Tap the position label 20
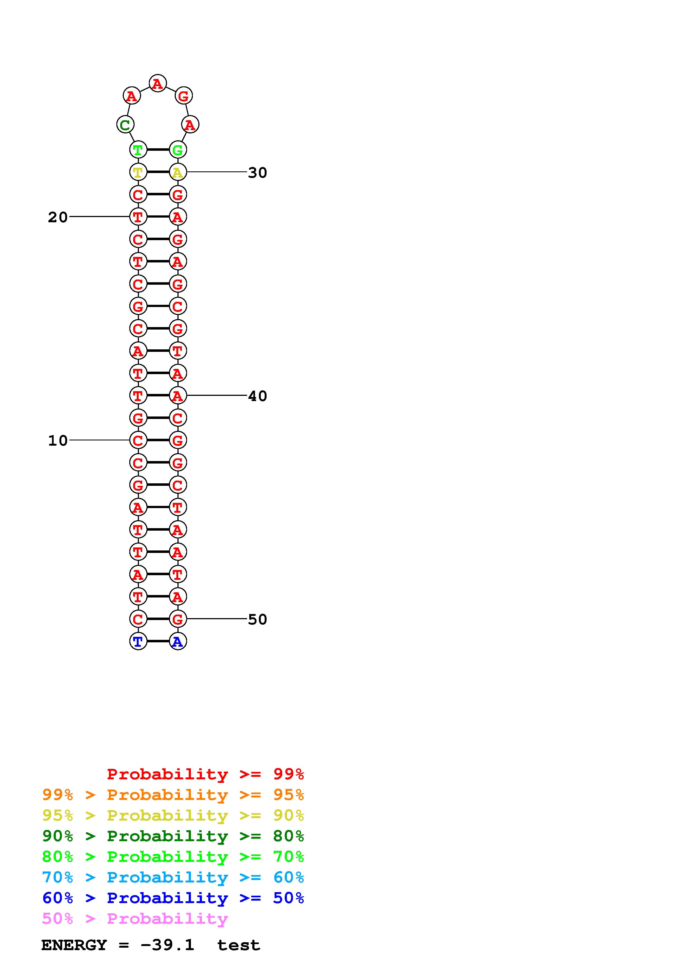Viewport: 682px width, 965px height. [x=57, y=217]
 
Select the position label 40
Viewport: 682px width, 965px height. [x=257, y=396]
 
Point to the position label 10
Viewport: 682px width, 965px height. [x=57, y=440]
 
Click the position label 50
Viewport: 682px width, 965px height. [x=257, y=619]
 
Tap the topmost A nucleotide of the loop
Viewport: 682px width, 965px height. [x=158, y=83]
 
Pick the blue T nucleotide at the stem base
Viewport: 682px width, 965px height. [x=138, y=641]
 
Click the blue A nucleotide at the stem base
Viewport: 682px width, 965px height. [x=178, y=641]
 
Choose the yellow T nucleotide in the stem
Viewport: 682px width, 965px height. [x=138, y=172]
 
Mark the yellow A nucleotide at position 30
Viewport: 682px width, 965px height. [x=178, y=172]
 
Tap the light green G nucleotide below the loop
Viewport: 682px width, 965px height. [x=178, y=150]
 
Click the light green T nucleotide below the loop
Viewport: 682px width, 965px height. [x=138, y=150]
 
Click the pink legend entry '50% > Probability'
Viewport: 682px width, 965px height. [x=135, y=918]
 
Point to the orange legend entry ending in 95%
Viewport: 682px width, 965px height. [x=173, y=795]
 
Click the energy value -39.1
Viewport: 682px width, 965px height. [x=167, y=945]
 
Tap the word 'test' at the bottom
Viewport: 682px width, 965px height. [x=238, y=945]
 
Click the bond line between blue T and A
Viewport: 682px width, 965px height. [x=158, y=641]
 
